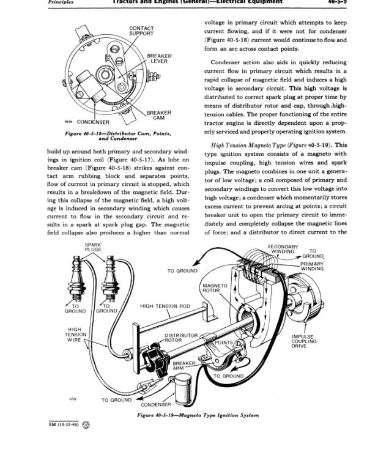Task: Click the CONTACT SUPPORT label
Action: tap(141, 31)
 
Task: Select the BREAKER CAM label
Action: tap(158, 116)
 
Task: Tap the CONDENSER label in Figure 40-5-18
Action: tap(93, 122)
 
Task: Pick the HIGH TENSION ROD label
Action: tap(163, 306)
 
